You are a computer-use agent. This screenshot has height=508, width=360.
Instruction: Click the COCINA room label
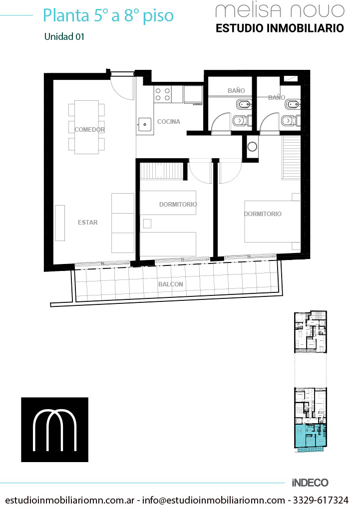point(168,121)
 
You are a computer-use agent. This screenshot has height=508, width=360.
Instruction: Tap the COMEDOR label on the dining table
point(89,130)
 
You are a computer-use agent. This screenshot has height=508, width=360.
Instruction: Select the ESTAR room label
point(87,222)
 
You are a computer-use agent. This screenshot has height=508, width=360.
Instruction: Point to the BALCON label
point(170,284)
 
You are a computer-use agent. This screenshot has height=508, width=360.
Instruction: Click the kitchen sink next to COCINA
point(144,124)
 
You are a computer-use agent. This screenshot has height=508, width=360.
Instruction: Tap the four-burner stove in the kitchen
point(163,94)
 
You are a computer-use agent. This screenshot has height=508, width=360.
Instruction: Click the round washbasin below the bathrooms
point(252,146)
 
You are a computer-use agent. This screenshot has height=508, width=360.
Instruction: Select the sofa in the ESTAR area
point(123,223)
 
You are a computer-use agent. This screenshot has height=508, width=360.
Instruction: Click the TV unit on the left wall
point(60,223)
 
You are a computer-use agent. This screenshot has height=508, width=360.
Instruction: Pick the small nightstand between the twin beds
point(147,224)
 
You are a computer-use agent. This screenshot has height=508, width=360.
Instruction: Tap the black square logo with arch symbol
point(55,430)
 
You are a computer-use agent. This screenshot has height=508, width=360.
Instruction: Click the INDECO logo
point(310,483)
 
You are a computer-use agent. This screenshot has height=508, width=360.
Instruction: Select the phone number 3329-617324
point(321,500)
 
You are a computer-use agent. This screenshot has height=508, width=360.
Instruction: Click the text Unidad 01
point(64,36)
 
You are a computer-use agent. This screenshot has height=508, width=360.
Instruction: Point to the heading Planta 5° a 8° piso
point(108,15)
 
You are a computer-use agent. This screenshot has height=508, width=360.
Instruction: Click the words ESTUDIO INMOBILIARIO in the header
point(280,28)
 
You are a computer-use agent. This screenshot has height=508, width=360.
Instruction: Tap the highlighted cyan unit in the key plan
point(310,436)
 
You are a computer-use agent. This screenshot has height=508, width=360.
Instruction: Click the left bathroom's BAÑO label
point(236,91)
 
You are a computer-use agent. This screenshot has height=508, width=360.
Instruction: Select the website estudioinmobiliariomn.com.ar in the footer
point(70,500)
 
